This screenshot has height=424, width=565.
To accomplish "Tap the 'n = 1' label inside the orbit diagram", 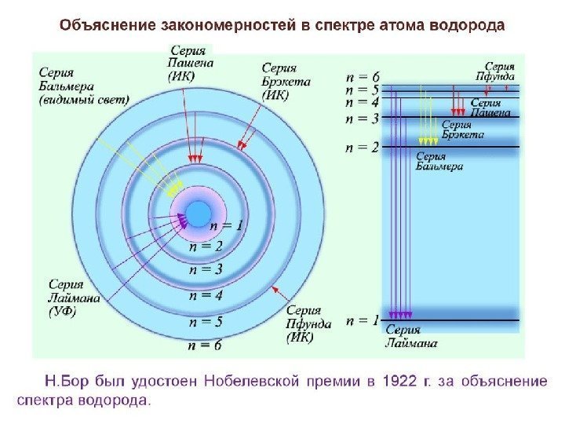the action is tap(227, 226).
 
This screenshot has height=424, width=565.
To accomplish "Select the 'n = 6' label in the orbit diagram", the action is tap(206, 344).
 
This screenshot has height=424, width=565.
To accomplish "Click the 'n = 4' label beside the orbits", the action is tap(206, 296).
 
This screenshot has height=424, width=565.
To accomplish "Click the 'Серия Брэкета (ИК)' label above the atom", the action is tap(286, 81).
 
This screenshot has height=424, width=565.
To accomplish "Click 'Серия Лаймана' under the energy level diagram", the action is tap(411, 337).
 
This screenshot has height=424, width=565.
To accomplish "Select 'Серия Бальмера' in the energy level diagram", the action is tap(439, 161).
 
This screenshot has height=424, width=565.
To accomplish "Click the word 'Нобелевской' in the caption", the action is tap(252, 382).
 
